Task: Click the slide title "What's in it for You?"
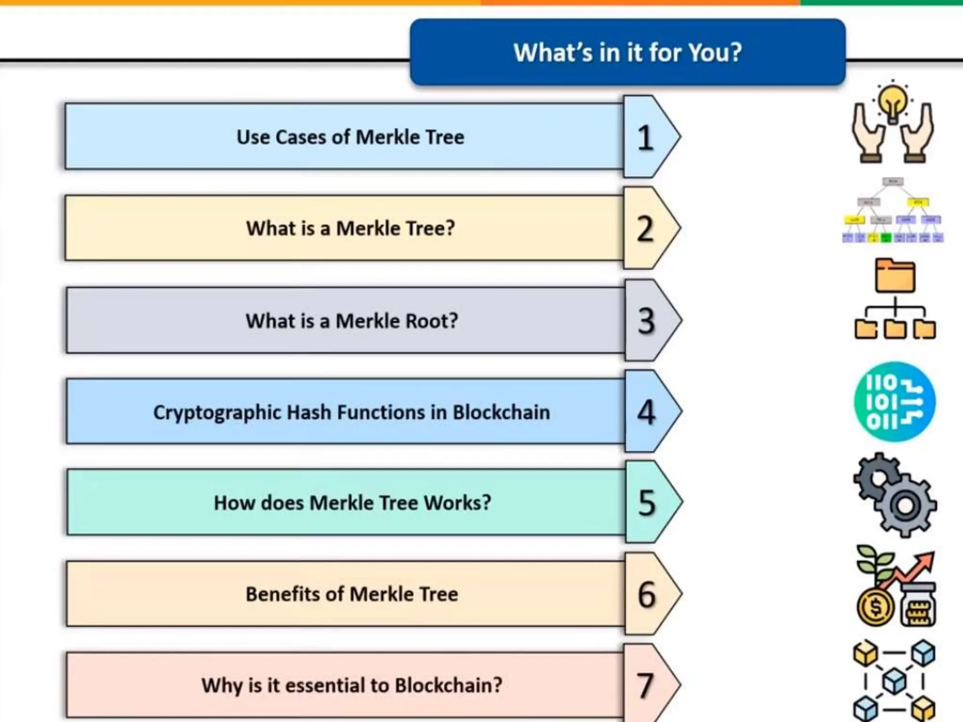tap(627, 52)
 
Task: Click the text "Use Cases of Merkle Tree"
tap(350, 137)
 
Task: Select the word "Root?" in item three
tap(432, 321)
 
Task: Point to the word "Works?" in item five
tap(457, 502)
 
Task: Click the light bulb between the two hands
tap(893, 102)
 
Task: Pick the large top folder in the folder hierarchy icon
tap(895, 276)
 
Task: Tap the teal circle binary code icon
tap(894, 402)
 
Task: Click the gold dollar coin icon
tap(875, 607)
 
